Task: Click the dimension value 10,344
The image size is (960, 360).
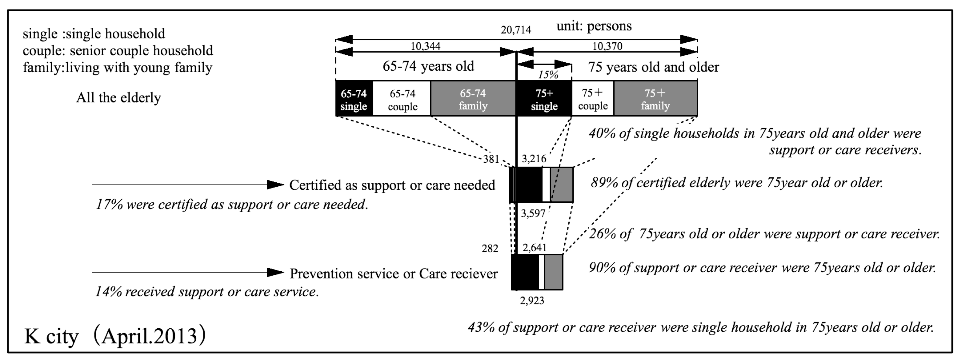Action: [x=425, y=46]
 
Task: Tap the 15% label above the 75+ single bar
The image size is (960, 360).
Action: [x=548, y=75]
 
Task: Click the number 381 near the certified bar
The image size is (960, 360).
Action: [x=491, y=159]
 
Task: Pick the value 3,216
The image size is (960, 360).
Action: [x=534, y=159]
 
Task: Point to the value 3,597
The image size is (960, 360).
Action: [x=533, y=213]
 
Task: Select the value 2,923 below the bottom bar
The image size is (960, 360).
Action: [x=532, y=300]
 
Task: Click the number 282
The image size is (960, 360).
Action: [x=490, y=248]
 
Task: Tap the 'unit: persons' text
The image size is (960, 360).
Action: [x=594, y=26]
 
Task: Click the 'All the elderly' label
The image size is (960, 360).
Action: [x=119, y=98]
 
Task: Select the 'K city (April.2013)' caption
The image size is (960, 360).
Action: [x=115, y=336]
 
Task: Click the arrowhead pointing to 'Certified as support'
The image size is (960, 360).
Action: [x=276, y=184]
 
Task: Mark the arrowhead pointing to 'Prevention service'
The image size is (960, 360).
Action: [x=276, y=272]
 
